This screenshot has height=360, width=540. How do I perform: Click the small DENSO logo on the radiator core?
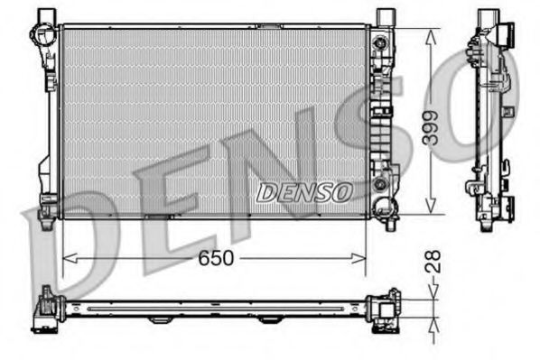tap(303, 191)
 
